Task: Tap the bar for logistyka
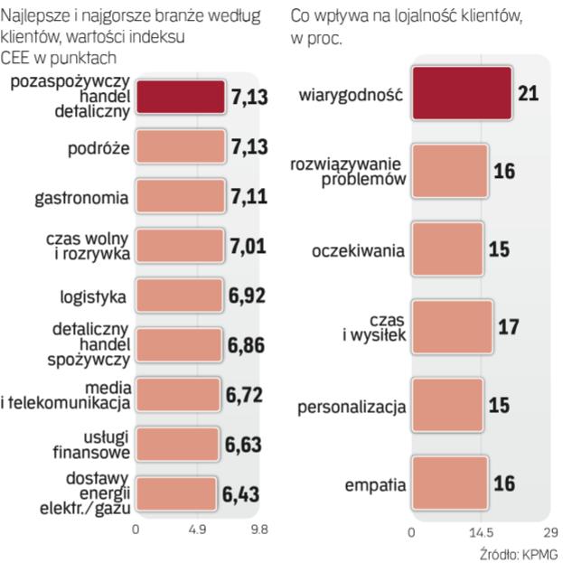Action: (179, 295)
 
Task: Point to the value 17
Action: (509, 326)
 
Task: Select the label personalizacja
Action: (351, 407)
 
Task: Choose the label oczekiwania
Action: (358, 250)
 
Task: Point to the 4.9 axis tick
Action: (198, 530)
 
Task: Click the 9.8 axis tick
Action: (259, 530)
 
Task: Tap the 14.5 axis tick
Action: (481, 530)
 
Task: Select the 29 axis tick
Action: (550, 530)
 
